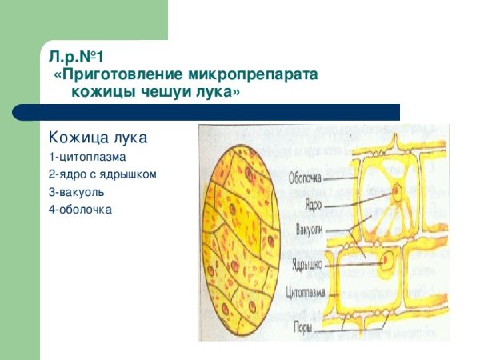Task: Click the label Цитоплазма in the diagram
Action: tap(306, 293)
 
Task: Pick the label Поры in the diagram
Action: tap(303, 326)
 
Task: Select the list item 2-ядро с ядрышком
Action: tap(102, 174)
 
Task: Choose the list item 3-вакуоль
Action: tap(80, 192)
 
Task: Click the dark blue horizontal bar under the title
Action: tap(220, 112)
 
